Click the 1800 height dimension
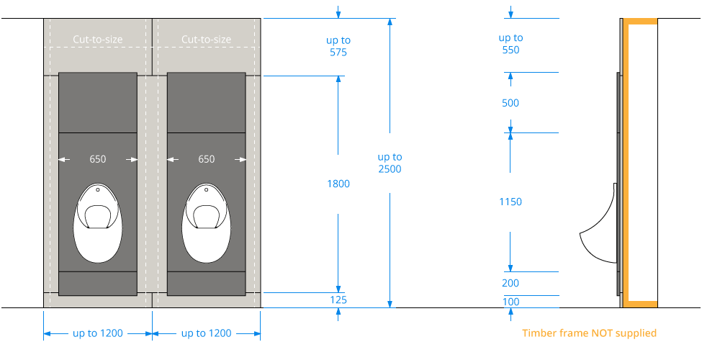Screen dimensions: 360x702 (338, 184)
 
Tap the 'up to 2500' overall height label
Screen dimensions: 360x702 (390, 163)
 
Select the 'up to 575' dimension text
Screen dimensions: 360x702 (338, 47)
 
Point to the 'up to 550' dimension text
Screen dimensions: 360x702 (510, 44)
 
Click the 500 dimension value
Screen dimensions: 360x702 (510, 103)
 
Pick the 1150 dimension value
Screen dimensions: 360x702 (510, 202)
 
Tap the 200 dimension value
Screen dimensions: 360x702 (510, 284)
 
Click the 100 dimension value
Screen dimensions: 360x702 (511, 302)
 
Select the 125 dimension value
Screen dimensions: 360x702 (338, 300)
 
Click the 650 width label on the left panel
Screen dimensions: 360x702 (98, 159)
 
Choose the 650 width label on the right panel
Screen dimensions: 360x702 (206, 159)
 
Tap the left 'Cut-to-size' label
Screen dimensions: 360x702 (98, 40)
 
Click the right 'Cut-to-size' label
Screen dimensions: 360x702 (206, 40)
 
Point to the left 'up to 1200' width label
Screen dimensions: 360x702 (98, 333)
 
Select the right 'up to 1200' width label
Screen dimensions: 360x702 (206, 333)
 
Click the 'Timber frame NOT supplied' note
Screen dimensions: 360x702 (589, 333)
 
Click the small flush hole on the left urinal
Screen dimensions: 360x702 (98, 191)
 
